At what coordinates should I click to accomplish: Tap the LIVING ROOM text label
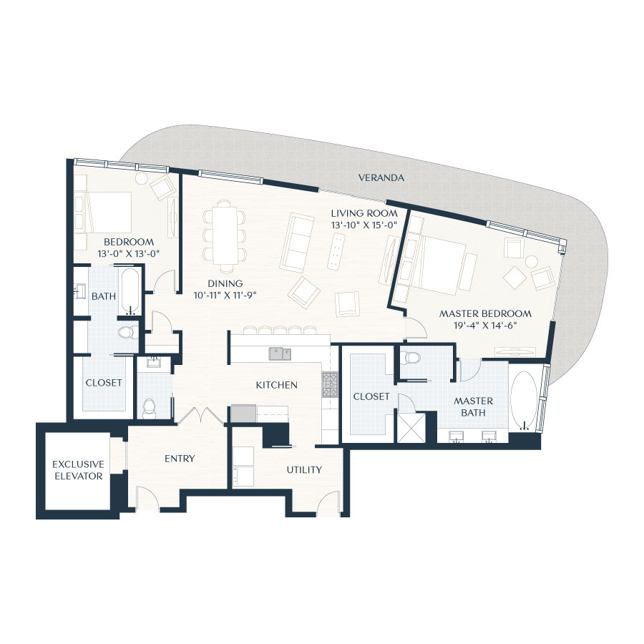point(364,213)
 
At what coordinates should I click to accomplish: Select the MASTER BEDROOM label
point(485,313)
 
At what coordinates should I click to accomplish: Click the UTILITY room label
point(304,470)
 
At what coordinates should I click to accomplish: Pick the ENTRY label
point(179,459)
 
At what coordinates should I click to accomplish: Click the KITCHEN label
point(277,385)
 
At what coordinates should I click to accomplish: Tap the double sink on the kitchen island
point(280,353)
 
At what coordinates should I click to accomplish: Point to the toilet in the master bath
point(413,358)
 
